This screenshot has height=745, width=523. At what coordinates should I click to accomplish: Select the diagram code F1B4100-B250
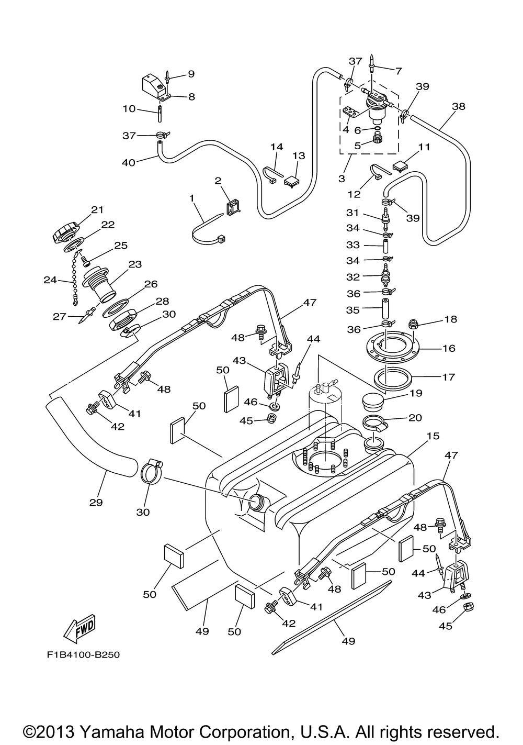(78, 654)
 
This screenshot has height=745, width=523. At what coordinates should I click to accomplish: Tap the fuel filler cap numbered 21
(66, 231)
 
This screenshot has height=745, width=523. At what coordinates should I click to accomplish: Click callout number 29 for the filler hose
(96, 502)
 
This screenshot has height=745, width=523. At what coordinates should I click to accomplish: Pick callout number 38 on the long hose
(458, 106)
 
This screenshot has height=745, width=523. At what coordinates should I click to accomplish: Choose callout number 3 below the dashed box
(342, 178)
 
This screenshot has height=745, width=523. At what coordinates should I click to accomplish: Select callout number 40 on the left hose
(128, 162)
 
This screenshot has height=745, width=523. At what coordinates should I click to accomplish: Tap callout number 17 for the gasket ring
(448, 376)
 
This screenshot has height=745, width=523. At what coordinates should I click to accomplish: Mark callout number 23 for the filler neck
(135, 264)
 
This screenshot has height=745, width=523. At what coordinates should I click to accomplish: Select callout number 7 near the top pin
(398, 71)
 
